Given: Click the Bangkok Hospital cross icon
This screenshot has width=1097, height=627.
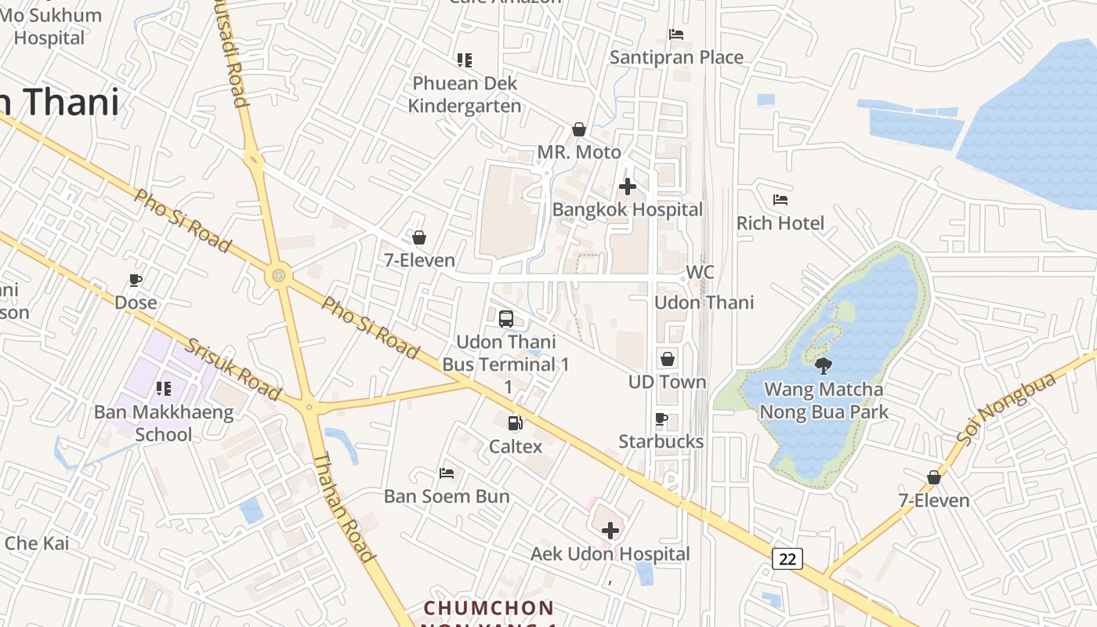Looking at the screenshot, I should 628,187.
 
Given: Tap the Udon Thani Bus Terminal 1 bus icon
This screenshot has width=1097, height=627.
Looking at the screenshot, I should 506,319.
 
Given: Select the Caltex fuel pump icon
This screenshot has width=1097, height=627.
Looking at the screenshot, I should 515,423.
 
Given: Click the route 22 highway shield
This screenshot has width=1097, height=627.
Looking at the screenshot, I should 787,558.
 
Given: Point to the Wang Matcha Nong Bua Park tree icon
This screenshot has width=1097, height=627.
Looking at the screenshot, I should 823,365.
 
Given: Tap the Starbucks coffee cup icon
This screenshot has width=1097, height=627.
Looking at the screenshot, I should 661,419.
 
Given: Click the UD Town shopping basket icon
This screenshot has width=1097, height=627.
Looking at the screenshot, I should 668,359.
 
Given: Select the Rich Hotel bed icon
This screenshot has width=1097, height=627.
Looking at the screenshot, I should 780,200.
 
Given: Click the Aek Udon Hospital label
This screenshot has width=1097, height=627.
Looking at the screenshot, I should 610,554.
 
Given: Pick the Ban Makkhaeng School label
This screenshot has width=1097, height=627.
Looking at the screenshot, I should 164,423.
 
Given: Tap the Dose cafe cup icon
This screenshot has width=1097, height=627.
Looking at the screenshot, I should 136,280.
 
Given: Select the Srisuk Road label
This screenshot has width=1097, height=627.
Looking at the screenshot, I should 233,369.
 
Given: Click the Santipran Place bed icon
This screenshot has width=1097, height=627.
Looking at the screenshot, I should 676,34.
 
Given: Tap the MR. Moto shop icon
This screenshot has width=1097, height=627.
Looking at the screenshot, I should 579,129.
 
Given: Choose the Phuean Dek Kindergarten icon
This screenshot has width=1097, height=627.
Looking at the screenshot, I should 465,60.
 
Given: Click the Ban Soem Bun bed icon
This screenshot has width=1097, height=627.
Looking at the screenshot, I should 447,473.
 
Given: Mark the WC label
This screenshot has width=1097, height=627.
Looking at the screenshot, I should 700,272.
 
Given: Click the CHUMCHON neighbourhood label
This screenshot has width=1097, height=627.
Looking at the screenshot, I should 489,608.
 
